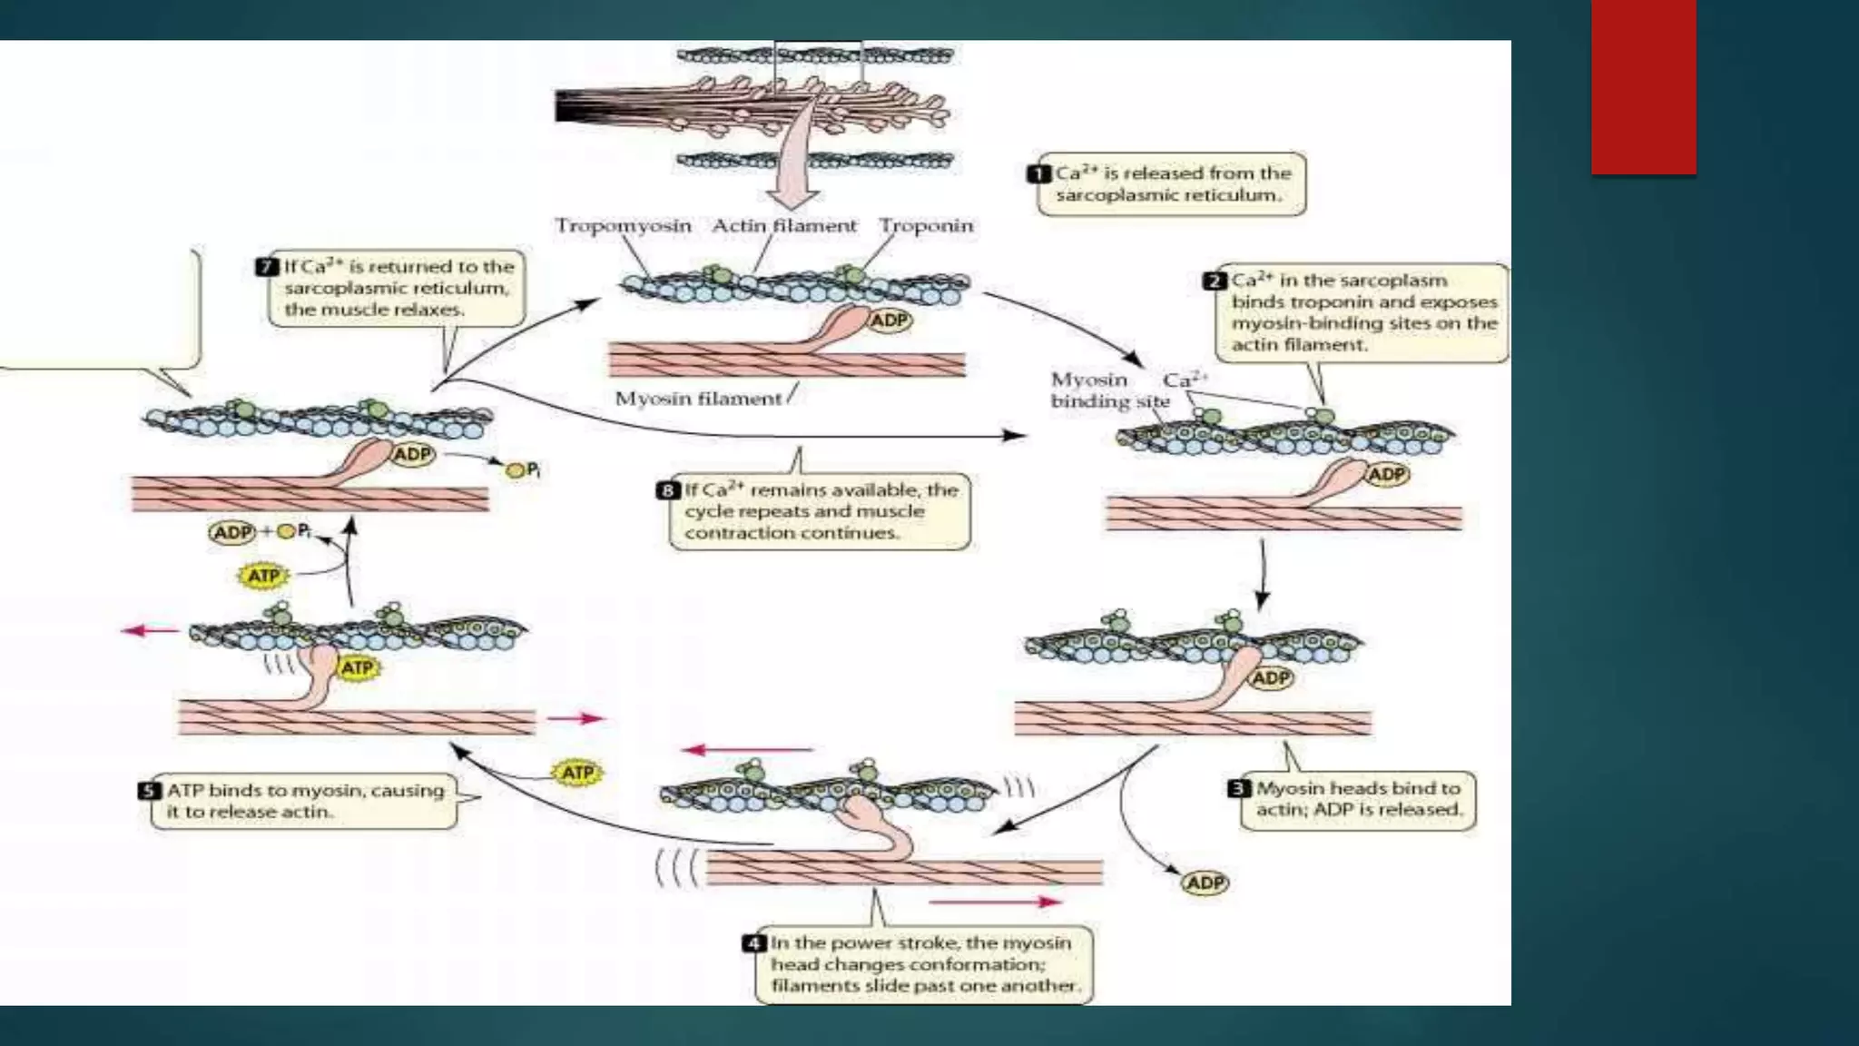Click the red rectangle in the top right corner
pos(1643,86)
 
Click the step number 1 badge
pos(1039,173)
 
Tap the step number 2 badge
pos(1215,281)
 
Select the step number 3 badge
pos(1240,788)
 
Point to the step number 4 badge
pos(753,943)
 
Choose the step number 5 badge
pos(150,791)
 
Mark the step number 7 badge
pos(267,267)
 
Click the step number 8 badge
pos(668,490)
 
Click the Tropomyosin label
pos(623,225)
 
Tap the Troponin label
pos(925,225)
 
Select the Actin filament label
pos(783,225)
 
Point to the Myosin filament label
pos(697,399)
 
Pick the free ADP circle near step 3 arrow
pos(1205,883)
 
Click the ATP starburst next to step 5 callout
pos(577,773)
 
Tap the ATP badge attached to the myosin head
pos(357,668)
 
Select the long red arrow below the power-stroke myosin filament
pos(996,902)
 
